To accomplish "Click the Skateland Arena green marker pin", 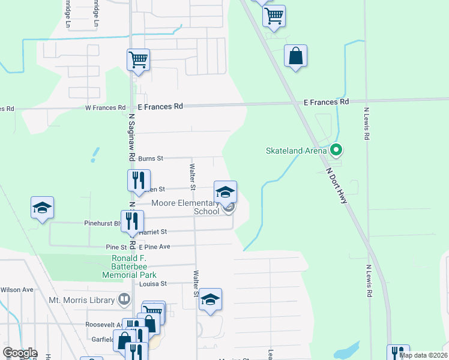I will pyautogui.click(x=336, y=149).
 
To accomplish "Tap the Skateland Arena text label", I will pyautogui.click(x=297, y=151).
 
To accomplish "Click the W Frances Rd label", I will pyautogui.click(x=105, y=108).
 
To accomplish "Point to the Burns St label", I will pyautogui.click(x=151, y=159).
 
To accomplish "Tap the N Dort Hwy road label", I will pyautogui.click(x=337, y=185).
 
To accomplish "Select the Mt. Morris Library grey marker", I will pyautogui.click(x=124, y=298).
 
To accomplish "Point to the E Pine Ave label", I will pyautogui.click(x=155, y=247).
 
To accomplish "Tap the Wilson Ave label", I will pyautogui.click(x=17, y=290).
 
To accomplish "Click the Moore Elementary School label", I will pyautogui.click(x=185, y=207).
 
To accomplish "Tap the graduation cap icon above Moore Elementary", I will pyautogui.click(x=226, y=192).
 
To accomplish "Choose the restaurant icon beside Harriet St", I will pyautogui.click(x=132, y=220).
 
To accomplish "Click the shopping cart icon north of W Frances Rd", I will pyautogui.click(x=138, y=59).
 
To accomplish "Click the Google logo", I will pyautogui.click(x=20, y=353).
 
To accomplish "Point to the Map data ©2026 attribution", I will pyautogui.click(x=423, y=355).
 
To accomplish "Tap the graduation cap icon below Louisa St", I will pyautogui.click(x=211, y=299).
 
